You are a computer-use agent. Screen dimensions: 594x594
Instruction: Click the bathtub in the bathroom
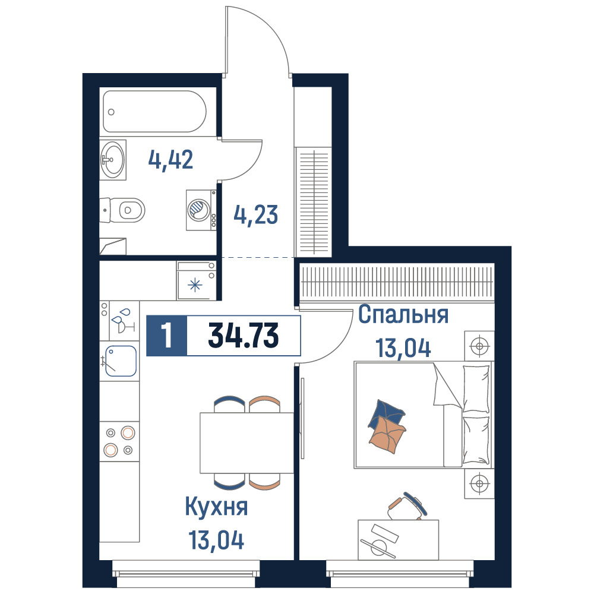point(154,112)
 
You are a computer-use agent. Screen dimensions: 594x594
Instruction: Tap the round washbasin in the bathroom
point(112,159)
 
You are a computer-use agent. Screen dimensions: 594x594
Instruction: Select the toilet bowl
point(131,210)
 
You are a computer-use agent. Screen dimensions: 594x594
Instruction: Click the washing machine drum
point(199,210)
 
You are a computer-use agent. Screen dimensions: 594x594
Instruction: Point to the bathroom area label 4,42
point(170,160)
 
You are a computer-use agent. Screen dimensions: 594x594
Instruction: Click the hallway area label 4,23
point(255,215)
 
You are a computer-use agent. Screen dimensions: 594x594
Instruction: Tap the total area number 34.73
point(243,336)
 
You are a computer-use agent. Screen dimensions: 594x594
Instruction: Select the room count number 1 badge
point(167,336)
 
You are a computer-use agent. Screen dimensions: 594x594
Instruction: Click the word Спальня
point(403,314)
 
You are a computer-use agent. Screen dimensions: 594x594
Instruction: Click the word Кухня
point(216,507)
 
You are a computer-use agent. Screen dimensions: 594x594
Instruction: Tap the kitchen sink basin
point(121,361)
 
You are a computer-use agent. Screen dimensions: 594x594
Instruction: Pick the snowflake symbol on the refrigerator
point(195,285)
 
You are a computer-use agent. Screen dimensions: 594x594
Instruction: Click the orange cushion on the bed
point(387,435)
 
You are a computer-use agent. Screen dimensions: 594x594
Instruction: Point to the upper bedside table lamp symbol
point(479,346)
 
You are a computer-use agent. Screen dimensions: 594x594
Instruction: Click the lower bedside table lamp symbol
point(479,484)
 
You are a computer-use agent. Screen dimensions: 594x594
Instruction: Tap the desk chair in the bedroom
point(407,507)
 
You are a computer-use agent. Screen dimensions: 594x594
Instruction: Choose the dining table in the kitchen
point(247,443)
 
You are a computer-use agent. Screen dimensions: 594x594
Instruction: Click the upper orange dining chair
point(265,404)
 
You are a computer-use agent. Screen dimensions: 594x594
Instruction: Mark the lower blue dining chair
point(229,482)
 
